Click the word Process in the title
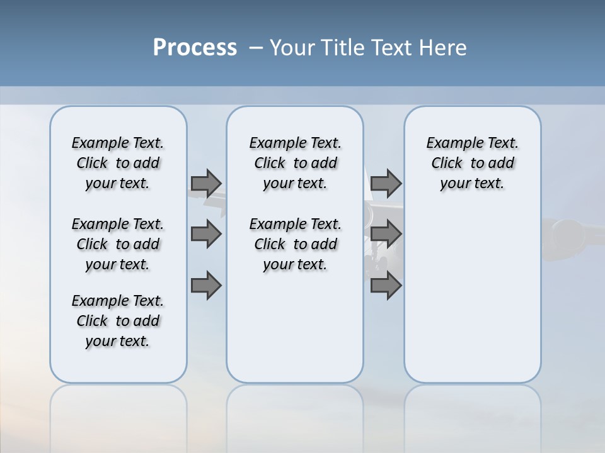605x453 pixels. tap(195, 48)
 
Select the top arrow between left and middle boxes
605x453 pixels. tap(206, 183)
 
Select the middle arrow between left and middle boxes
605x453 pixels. tap(206, 234)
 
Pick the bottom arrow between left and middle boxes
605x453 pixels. tap(206, 286)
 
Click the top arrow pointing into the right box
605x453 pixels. tap(386, 183)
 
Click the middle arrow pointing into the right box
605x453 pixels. tap(386, 234)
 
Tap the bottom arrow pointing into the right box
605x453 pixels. tap(386, 286)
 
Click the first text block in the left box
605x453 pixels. tap(118, 163)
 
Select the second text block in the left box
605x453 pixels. tap(118, 244)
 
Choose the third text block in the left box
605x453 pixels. tap(118, 321)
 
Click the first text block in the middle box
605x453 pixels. tap(295, 163)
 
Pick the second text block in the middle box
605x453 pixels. tap(295, 244)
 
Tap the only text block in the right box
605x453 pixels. tap(472, 163)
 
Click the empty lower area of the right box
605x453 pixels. tap(472, 296)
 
